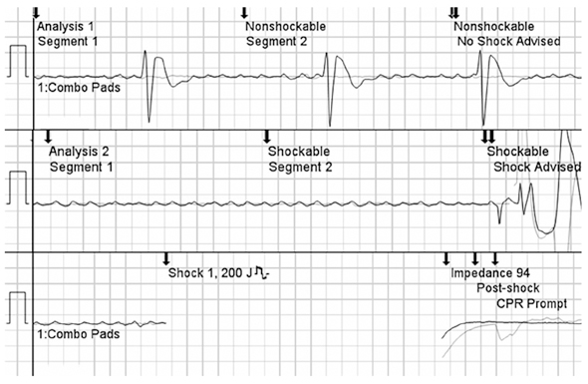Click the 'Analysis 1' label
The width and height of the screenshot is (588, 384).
(66, 27)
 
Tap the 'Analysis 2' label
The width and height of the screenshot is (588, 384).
(79, 152)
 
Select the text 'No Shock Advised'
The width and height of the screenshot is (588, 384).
(509, 41)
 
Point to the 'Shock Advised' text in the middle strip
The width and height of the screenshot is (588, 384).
(537, 167)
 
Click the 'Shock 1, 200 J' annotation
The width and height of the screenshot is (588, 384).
(210, 273)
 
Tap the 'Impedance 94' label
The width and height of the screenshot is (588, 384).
(490, 273)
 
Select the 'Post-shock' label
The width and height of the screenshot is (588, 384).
(508, 288)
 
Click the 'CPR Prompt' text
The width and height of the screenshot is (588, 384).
(532, 303)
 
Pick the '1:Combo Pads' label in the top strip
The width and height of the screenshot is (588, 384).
(79, 88)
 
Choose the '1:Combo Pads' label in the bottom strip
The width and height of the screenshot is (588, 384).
(79, 334)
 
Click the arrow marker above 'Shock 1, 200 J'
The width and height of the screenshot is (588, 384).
(166, 258)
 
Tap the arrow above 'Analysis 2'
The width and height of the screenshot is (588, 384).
(48, 137)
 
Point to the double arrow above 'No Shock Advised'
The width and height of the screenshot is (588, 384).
(453, 13)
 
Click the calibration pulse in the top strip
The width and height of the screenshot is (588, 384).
(19, 46)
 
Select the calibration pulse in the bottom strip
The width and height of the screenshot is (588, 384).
(19, 293)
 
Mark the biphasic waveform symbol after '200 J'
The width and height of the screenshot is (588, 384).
(262, 272)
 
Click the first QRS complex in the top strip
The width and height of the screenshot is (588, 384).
(148, 86)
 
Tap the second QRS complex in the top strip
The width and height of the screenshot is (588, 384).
(330, 89)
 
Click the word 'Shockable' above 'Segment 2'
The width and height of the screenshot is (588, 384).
(299, 152)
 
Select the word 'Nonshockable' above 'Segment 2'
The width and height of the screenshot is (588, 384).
(285, 27)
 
